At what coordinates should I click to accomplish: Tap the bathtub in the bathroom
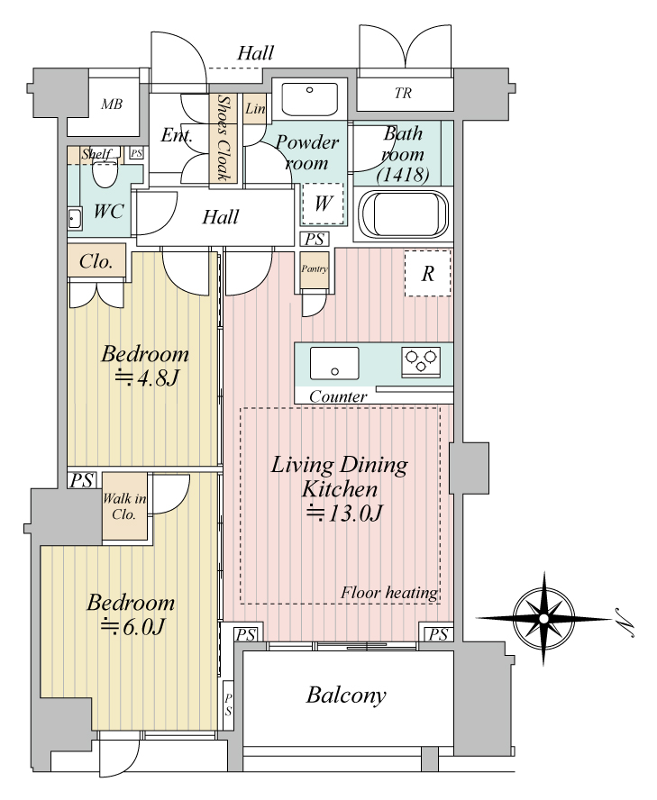404,214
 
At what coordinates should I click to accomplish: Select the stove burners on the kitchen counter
421,362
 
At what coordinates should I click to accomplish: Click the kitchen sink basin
334,363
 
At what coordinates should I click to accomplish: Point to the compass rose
544,619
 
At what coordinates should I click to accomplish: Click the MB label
112,105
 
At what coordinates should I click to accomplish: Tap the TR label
403,94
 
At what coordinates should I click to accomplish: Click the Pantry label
314,268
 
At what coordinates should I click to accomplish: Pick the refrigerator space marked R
428,274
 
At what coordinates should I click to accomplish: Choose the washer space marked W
324,205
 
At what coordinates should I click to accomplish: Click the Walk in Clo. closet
125,505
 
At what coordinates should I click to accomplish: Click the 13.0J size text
344,514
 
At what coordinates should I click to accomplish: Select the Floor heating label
389,593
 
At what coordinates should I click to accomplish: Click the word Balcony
346,695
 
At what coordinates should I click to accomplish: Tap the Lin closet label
255,108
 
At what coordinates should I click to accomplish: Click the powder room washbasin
309,99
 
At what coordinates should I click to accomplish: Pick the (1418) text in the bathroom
403,175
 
